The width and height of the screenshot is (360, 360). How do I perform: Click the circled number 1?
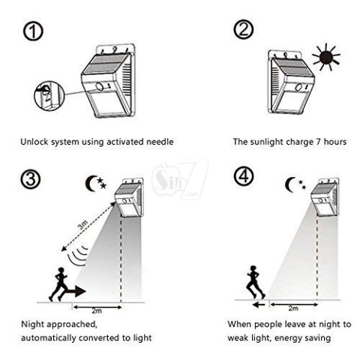coord(33,31)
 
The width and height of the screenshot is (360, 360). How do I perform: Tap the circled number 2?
coord(243,29)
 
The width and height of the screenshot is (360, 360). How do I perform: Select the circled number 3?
coord(31,179)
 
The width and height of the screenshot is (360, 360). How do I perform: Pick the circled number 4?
coord(244,175)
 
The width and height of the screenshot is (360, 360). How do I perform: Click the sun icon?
coord(325,57)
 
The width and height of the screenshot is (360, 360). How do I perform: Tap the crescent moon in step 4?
coord(290,185)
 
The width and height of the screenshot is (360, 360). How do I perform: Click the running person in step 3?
coord(58,284)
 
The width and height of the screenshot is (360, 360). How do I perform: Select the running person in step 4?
coord(255,282)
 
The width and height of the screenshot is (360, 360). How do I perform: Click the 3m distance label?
coord(82,225)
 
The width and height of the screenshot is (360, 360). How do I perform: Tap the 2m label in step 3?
coord(97,310)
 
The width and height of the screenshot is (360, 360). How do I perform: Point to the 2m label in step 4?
coord(293,308)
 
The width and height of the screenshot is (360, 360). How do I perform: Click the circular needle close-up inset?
coord(49,95)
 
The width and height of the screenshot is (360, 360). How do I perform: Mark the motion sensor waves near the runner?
coord(78,256)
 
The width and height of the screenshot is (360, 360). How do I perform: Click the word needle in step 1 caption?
coord(160,142)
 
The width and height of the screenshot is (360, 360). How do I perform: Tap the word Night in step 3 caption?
coord(33,324)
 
